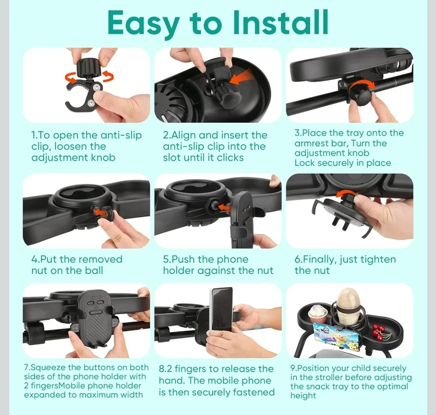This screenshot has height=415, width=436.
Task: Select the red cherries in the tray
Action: pyautogui.click(x=378, y=332)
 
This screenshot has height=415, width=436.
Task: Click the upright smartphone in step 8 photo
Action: pyautogui.click(x=221, y=310)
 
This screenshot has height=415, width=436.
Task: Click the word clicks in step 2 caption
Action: pyautogui.click(x=230, y=158)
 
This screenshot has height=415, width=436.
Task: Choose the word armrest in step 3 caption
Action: pyautogui.click(x=313, y=143)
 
